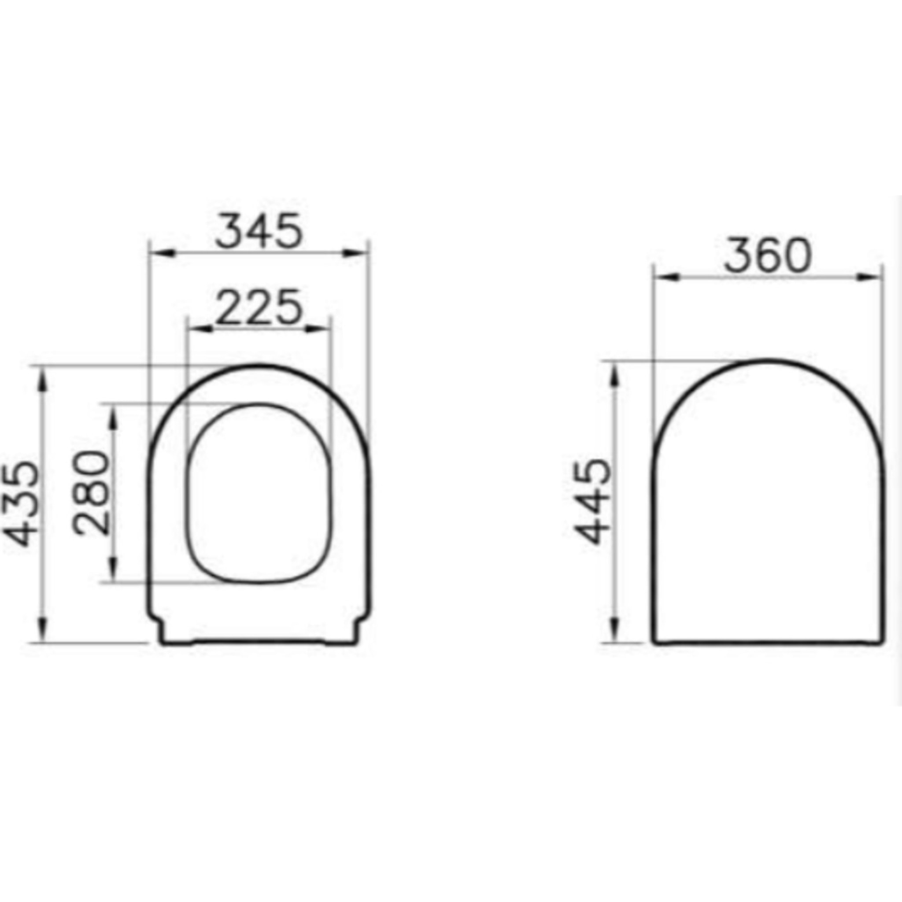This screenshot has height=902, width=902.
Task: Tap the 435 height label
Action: pos(24,504)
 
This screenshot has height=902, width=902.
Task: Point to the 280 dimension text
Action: pos(91,492)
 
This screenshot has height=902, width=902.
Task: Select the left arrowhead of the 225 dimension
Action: pos(200,329)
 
